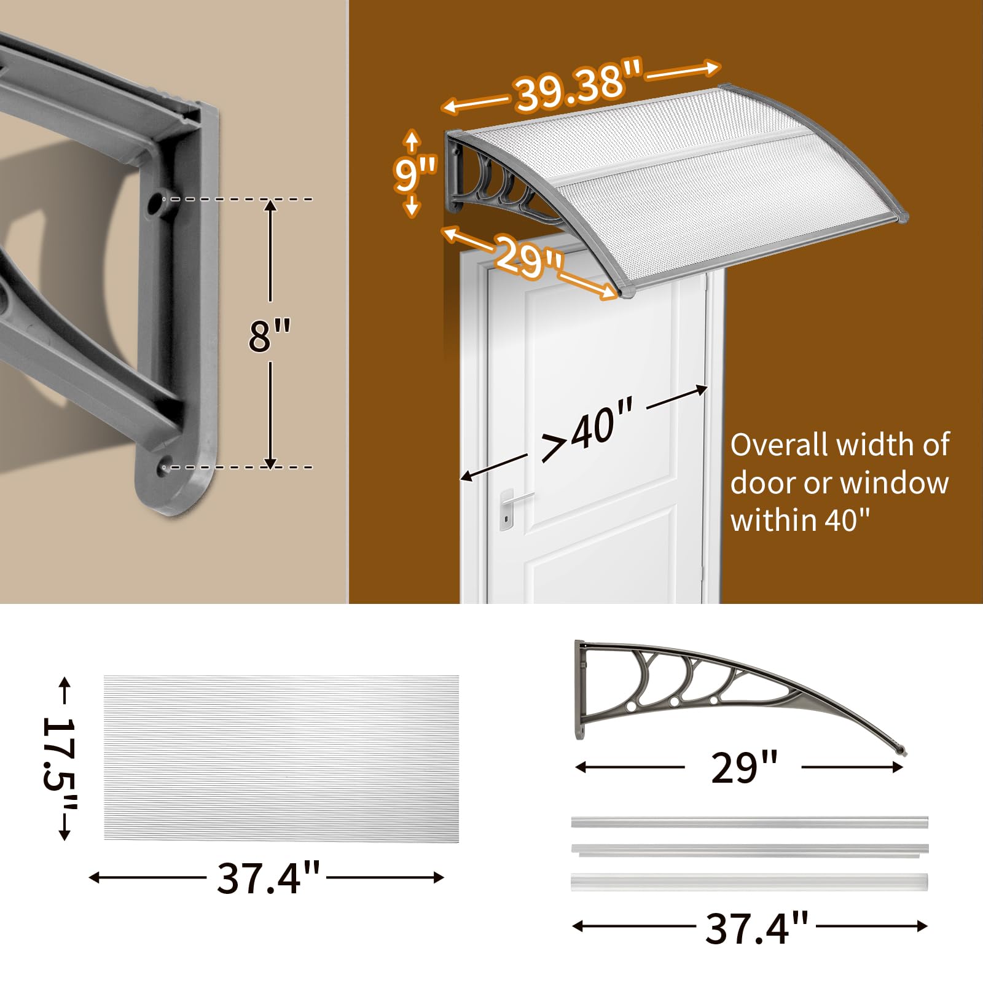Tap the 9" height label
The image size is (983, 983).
click(415, 173)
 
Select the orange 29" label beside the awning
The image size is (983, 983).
click(529, 256)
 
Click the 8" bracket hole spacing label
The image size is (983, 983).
click(270, 335)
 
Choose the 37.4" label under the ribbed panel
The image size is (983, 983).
click(268, 878)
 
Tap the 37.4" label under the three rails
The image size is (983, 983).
click(756, 928)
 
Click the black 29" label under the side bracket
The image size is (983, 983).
click(744, 767)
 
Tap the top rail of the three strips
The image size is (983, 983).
click(750, 823)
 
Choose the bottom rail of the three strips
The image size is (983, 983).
click(750, 882)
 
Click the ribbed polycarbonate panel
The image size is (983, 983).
click(281, 758)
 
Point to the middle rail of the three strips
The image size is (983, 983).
click(750, 850)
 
